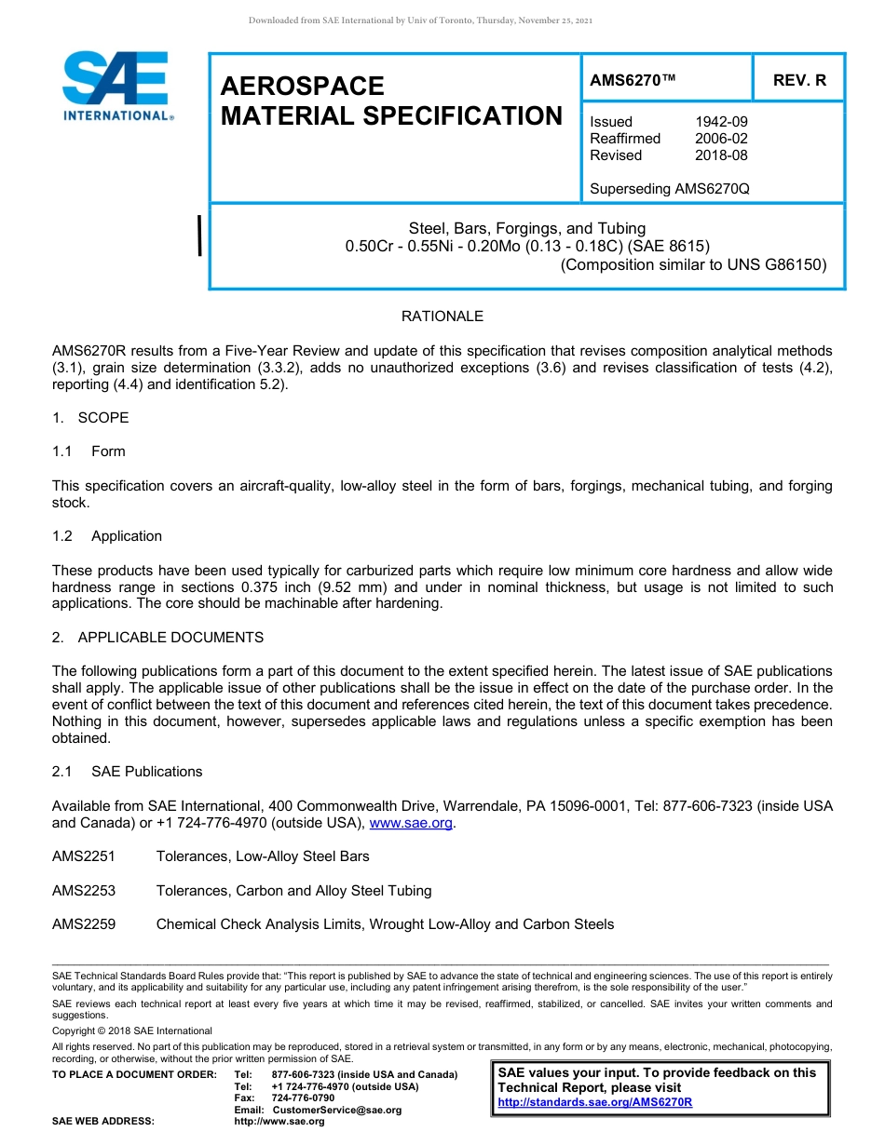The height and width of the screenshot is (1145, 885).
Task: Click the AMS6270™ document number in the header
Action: [633, 80]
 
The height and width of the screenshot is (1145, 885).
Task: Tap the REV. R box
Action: [798, 80]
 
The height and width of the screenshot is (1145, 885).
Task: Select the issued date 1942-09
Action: [721, 122]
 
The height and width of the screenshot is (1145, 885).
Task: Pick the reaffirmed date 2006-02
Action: [721, 139]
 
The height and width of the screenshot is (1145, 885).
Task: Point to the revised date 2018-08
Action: [721, 155]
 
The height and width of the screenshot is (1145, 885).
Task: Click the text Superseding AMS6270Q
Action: [669, 189]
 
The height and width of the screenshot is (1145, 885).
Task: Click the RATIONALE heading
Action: [442, 317]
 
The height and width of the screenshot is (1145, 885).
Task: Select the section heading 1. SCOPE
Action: [90, 418]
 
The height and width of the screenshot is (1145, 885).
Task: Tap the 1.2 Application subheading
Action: [107, 536]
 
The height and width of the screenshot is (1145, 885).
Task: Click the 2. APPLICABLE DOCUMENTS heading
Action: [157, 638]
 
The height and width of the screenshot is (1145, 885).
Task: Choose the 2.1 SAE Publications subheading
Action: [127, 772]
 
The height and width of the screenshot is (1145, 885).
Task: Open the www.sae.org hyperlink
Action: [412, 823]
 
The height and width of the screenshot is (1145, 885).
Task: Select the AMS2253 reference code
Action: [84, 891]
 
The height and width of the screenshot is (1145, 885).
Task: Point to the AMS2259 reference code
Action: [84, 924]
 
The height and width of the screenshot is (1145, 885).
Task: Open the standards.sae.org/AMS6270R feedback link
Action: [594, 1102]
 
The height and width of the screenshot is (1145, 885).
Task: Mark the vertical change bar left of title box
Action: [200, 235]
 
